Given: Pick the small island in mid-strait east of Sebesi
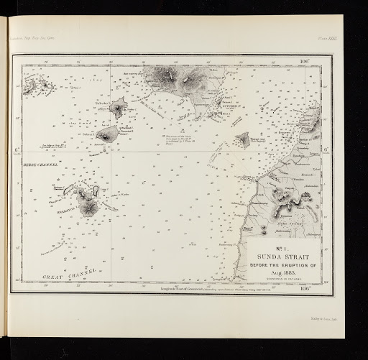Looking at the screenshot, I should [243, 140].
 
